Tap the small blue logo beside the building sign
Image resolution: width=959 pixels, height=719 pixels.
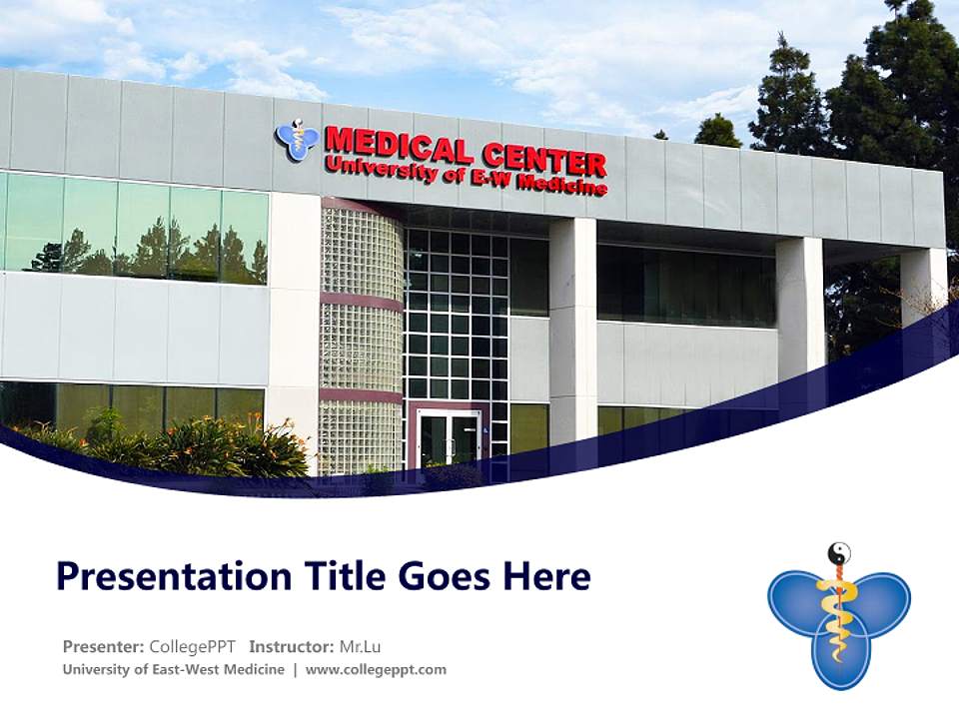coord(297,140)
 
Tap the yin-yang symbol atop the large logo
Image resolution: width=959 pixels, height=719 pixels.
coord(839,553)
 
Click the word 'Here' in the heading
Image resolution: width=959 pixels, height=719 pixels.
coord(550,577)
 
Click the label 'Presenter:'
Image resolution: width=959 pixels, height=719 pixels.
coord(104,646)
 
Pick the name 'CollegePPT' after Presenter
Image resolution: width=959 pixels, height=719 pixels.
coord(193,646)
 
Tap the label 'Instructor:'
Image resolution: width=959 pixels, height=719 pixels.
coord(291,646)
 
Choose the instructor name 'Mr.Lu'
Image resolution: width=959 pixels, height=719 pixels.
coord(362,646)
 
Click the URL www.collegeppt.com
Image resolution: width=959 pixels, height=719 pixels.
coord(376,670)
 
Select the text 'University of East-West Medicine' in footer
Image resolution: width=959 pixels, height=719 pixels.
coord(173,670)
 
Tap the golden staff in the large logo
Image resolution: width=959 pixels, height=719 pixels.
coord(837,609)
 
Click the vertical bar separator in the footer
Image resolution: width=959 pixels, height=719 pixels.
coord(295,670)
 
